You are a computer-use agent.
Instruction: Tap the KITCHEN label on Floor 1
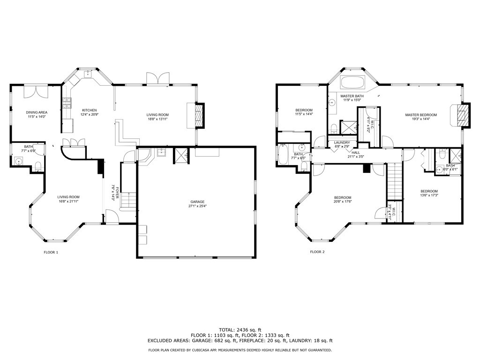(x=89, y=110)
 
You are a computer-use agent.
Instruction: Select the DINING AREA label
(x=37, y=112)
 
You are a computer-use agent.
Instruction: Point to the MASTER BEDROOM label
(x=421, y=115)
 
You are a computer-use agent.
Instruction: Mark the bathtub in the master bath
(x=352, y=83)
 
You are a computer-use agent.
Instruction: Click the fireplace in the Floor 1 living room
(x=199, y=115)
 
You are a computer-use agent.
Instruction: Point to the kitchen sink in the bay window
(x=87, y=74)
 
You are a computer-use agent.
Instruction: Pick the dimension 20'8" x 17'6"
(x=343, y=202)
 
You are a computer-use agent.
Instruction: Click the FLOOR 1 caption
(x=51, y=252)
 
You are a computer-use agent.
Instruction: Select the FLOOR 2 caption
(x=317, y=252)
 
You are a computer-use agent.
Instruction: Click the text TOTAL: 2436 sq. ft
(x=240, y=330)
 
